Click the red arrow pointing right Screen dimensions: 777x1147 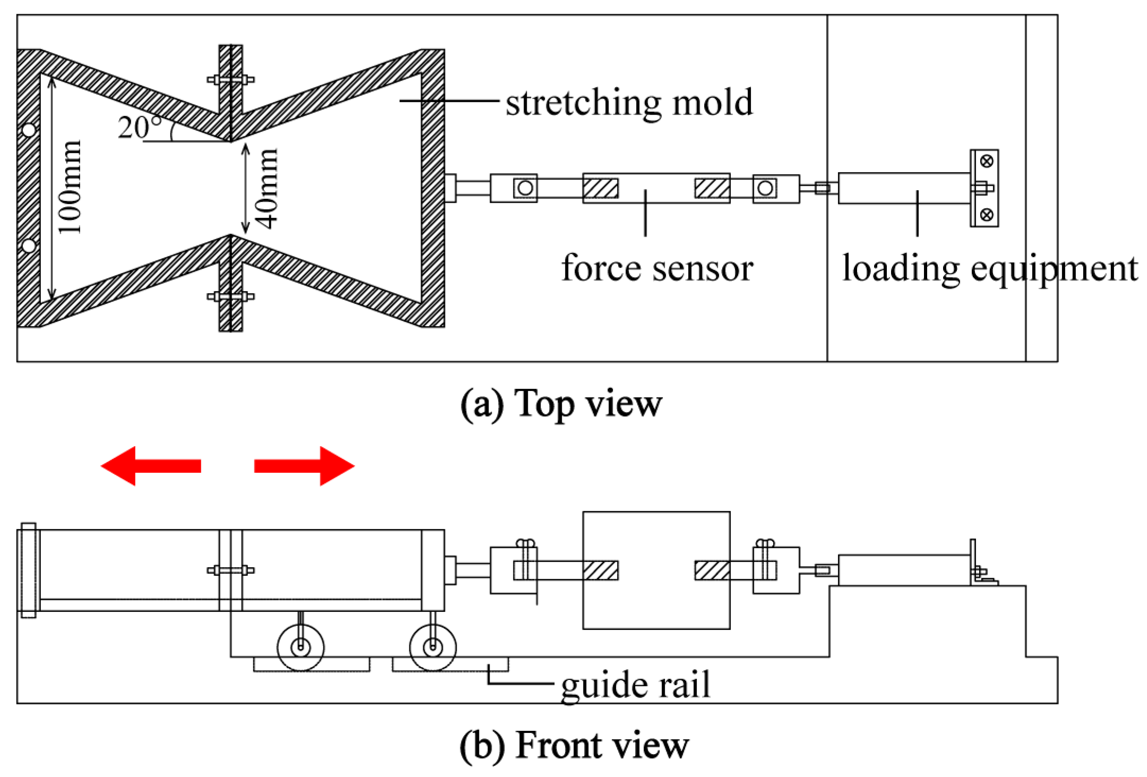[x=304, y=466]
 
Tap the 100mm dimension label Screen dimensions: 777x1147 [x=70, y=187]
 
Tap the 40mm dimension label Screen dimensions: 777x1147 [x=268, y=189]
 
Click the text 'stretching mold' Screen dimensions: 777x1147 [x=629, y=102]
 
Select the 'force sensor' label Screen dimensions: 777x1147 [x=657, y=268]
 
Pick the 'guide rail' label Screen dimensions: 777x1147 [x=635, y=685]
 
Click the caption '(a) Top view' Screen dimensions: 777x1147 [x=561, y=403]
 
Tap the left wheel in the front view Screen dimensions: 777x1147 [x=301, y=647]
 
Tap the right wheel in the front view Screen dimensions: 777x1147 [x=433, y=647]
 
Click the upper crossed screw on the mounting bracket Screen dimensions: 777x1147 [x=987, y=161]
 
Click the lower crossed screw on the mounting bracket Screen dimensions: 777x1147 [x=987, y=215]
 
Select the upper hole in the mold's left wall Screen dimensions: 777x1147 [x=29, y=130]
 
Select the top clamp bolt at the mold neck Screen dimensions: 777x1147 [x=230, y=80]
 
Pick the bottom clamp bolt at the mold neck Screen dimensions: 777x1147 [x=230, y=296]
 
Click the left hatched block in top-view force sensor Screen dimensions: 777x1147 [x=600, y=188]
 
